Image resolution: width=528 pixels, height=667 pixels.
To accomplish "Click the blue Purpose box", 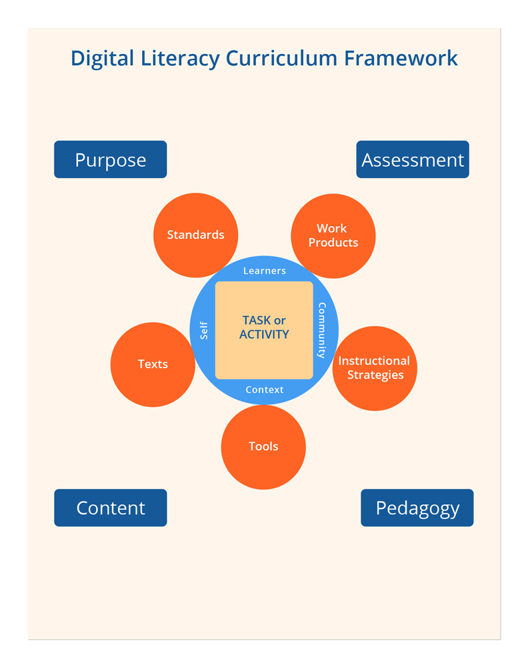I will click(x=110, y=159).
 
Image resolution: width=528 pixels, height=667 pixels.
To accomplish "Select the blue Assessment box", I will click(x=413, y=159).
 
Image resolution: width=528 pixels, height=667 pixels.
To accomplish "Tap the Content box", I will click(x=110, y=508).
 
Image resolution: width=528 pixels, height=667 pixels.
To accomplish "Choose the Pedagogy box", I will click(x=417, y=508).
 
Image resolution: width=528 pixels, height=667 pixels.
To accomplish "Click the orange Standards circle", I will click(x=195, y=235).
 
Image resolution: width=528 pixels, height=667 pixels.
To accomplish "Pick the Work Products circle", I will click(x=333, y=235).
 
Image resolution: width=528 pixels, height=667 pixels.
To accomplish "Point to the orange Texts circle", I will click(x=153, y=364).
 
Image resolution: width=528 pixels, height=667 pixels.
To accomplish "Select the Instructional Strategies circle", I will click(x=375, y=368).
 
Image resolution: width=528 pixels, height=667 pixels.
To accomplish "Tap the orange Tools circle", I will click(x=263, y=447).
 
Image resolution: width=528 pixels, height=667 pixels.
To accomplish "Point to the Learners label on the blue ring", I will click(x=265, y=271).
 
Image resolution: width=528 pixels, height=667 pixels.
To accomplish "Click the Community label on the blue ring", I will click(x=322, y=330).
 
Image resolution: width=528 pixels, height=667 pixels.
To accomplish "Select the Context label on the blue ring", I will click(x=265, y=390).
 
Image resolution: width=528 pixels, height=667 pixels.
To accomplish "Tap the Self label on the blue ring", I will click(x=204, y=330).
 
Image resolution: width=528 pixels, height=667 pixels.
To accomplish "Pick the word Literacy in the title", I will click(x=175, y=58).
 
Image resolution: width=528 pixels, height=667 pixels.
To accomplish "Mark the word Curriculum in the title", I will click(x=282, y=58).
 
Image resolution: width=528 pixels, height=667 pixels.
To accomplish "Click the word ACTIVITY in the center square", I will click(x=264, y=334).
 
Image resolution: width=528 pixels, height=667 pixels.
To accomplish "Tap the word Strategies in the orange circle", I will click(x=375, y=375).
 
